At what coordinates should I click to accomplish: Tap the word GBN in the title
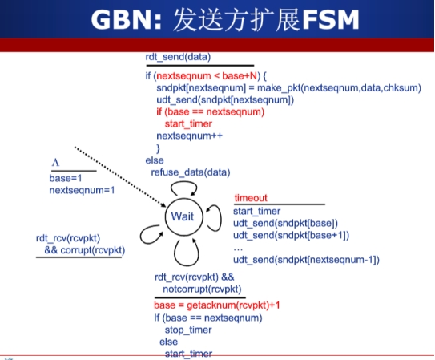(x=123, y=20)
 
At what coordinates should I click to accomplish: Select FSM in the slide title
(x=330, y=20)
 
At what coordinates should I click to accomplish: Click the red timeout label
(x=251, y=198)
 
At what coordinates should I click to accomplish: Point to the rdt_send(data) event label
(x=178, y=57)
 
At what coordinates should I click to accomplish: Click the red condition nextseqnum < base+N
(x=207, y=76)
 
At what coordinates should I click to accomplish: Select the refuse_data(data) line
(x=191, y=172)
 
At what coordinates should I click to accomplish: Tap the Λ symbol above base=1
(x=55, y=163)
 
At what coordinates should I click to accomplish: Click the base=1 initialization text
(x=66, y=178)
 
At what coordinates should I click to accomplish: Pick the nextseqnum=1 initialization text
(x=82, y=190)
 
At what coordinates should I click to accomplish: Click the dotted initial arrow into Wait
(x=120, y=177)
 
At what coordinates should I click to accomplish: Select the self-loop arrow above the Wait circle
(x=183, y=182)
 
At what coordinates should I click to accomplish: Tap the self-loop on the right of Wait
(x=220, y=218)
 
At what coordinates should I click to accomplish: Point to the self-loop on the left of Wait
(x=141, y=235)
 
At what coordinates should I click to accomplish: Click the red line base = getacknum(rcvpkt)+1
(x=217, y=305)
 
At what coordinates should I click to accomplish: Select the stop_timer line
(x=188, y=330)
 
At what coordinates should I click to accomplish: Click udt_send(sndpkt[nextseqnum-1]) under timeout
(x=306, y=260)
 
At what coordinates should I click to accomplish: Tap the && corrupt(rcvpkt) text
(x=85, y=250)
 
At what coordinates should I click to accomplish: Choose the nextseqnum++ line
(x=190, y=136)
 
